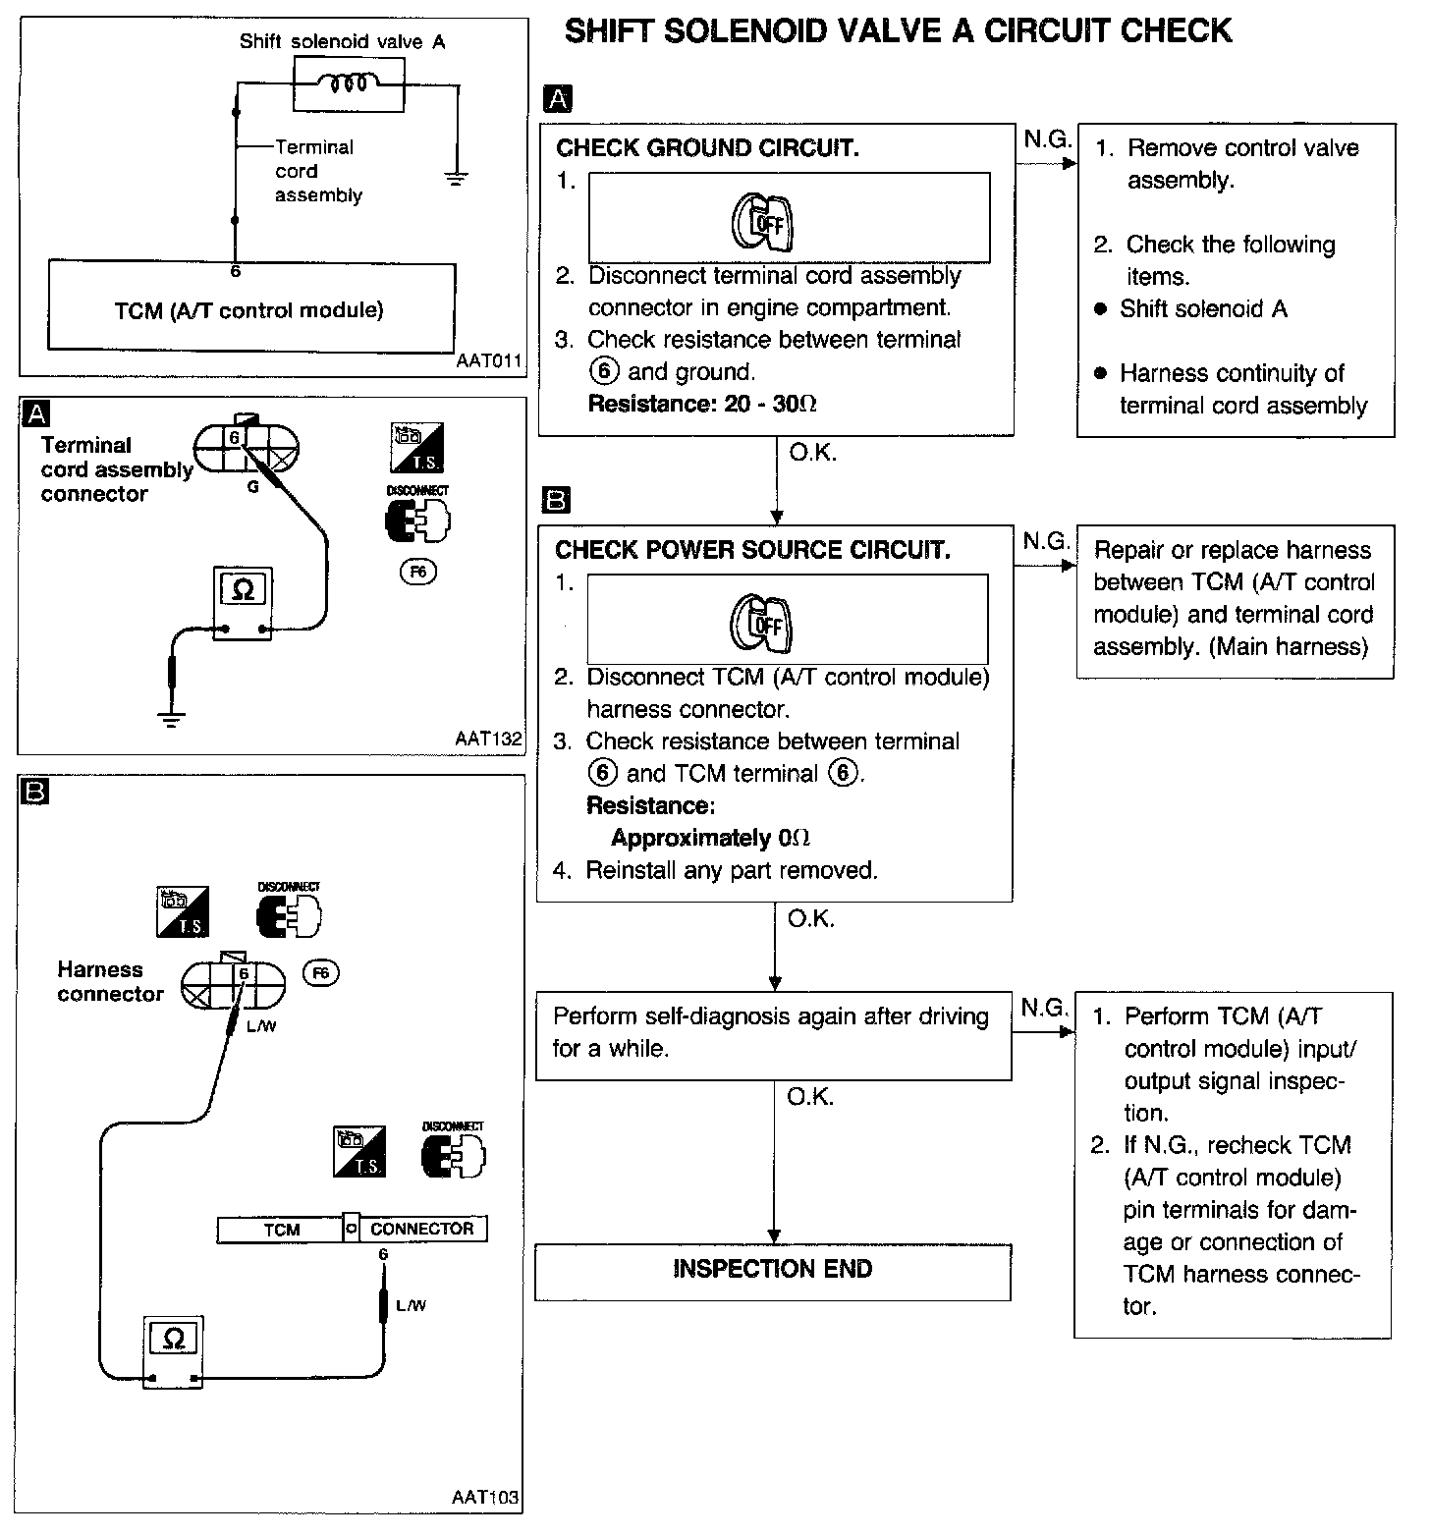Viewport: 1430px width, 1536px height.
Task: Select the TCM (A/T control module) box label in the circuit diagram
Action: point(248,311)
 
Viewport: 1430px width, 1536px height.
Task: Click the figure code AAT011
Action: point(489,360)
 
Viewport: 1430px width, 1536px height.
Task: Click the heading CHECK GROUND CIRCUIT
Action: point(707,148)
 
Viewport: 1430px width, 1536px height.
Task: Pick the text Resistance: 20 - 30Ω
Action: point(702,404)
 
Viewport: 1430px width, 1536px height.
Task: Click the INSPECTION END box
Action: point(772,1270)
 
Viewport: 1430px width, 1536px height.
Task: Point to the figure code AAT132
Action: point(488,739)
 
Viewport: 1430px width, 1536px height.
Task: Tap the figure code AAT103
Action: point(485,1498)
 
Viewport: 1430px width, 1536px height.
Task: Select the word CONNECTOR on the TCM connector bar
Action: point(421,1229)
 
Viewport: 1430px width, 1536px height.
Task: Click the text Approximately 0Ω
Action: point(710,838)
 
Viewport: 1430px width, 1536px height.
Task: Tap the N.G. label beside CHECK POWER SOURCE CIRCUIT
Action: point(1045,541)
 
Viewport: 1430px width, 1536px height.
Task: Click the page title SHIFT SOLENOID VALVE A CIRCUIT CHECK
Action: point(898,30)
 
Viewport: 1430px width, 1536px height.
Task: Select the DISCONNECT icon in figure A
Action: point(417,515)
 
